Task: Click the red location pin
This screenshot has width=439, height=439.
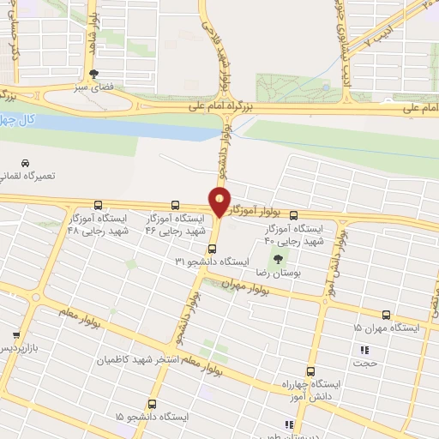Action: (219, 201)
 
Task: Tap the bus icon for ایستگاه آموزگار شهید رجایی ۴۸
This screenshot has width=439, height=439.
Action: (99, 205)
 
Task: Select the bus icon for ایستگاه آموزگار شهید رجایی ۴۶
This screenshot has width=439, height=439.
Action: (176, 205)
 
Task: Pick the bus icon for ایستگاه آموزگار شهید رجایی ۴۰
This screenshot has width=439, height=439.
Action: (294, 215)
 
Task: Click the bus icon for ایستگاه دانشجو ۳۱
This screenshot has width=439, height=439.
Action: (212, 249)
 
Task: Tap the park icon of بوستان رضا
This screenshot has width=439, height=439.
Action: (276, 257)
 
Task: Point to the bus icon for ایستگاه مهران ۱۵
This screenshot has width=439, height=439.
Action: (386, 315)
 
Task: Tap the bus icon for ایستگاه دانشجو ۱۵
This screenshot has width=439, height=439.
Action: (153, 403)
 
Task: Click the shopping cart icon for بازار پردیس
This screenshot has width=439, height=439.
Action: (15, 335)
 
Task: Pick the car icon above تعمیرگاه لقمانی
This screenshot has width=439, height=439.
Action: (25, 162)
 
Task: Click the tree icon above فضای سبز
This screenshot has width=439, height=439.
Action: (93, 74)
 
